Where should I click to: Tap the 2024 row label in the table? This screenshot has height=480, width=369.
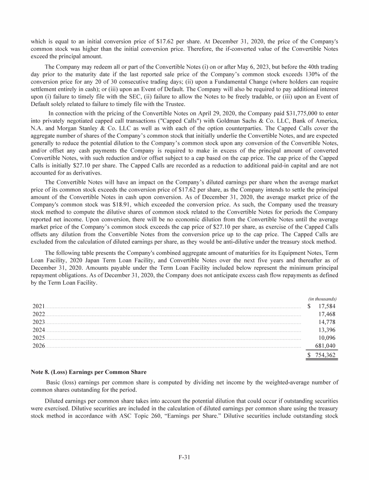(x=38, y=330)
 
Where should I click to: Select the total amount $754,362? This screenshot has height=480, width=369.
(x=322, y=355)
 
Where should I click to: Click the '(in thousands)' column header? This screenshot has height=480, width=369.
(x=322, y=298)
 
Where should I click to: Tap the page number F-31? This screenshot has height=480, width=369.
(x=184, y=457)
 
